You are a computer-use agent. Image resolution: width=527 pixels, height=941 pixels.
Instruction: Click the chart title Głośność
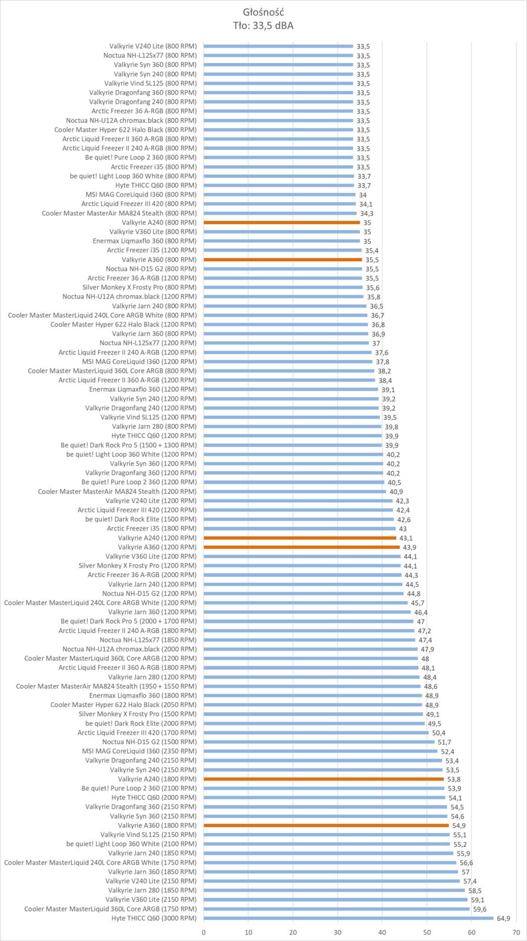[263, 12]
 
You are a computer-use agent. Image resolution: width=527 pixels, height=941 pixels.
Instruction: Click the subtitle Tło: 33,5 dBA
[263, 25]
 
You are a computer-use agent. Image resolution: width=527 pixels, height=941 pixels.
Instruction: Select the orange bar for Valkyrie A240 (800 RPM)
[282, 222]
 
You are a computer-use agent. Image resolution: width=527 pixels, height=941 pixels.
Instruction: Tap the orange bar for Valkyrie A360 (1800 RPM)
[326, 825]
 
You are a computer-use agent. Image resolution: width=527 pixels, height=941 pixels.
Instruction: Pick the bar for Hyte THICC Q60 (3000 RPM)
[348, 918]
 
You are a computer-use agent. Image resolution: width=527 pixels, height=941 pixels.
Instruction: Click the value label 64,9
[503, 918]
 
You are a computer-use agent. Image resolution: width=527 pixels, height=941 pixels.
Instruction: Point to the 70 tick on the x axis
[516, 932]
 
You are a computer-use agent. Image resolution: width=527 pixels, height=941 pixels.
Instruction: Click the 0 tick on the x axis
[204, 932]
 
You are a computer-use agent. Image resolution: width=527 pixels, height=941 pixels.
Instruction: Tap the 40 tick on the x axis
[382, 932]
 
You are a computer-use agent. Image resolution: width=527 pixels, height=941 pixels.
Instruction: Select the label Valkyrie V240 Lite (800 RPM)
[152, 46]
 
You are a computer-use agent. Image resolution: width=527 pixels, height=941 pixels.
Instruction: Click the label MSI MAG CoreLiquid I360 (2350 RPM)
[139, 751]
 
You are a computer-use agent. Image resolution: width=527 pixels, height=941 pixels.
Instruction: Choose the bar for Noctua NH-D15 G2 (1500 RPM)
[319, 742]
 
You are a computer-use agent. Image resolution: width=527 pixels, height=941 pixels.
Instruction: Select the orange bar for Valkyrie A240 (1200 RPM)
[300, 538]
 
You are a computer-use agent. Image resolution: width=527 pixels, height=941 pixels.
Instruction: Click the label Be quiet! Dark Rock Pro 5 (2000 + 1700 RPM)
[128, 621]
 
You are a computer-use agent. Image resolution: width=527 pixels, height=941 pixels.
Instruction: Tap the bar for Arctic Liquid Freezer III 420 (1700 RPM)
[316, 732]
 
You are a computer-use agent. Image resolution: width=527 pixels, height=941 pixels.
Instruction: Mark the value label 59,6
[480, 909]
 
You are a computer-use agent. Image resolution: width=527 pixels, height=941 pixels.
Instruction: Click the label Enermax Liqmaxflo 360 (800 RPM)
[145, 241]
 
